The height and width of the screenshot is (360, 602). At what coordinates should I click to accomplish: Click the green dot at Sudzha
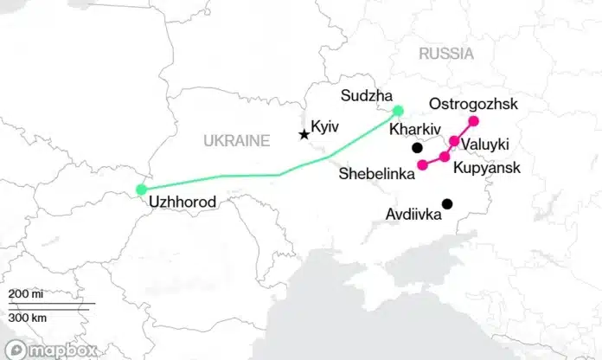coord(398,111)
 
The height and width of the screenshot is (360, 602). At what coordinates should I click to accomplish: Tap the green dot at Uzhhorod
coord(141,190)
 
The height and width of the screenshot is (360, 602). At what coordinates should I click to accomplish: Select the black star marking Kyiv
coord(304,134)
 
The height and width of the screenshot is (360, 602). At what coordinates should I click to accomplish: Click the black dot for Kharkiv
coord(417,147)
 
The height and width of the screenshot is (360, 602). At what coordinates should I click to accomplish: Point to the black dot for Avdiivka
coord(447,204)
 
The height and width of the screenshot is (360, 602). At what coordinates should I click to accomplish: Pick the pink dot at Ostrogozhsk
coord(474,121)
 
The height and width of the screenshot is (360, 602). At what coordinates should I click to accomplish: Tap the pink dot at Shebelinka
coord(422,164)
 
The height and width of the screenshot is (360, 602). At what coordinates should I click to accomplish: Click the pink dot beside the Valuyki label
coord(454,141)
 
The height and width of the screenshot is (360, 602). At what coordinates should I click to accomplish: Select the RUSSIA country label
coord(446,54)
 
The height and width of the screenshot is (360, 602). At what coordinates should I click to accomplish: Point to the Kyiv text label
coord(326,126)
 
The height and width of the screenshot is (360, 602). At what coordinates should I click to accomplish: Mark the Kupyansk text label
coord(485,164)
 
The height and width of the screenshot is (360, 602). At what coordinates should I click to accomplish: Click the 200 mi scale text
coord(26,295)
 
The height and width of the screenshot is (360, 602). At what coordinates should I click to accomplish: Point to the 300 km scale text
coord(28,318)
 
